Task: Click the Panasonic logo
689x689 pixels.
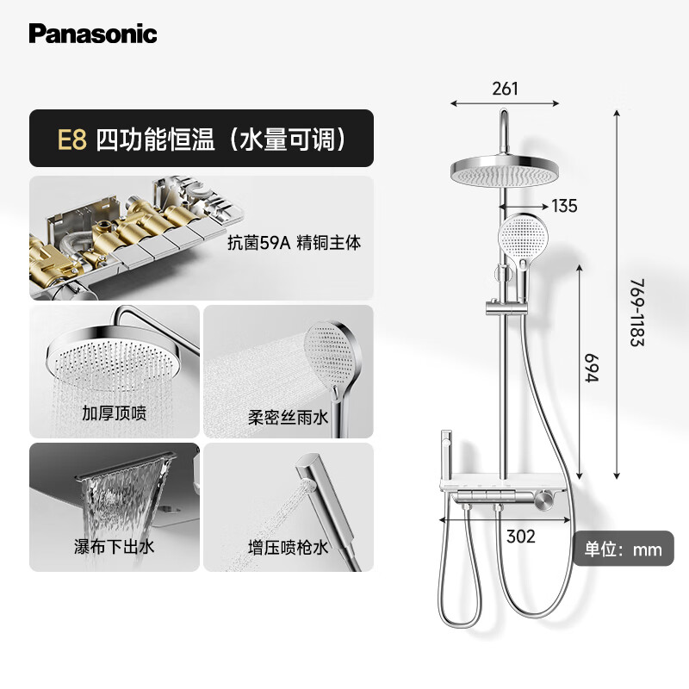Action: pyautogui.click(x=92, y=34)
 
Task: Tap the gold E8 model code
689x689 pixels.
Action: pyautogui.click(x=72, y=139)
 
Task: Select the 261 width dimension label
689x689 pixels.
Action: pyautogui.click(x=506, y=89)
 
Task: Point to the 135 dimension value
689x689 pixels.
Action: pyautogui.click(x=564, y=206)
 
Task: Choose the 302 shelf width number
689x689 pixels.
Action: pyautogui.click(x=520, y=537)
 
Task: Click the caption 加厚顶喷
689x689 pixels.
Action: pyautogui.click(x=116, y=413)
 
